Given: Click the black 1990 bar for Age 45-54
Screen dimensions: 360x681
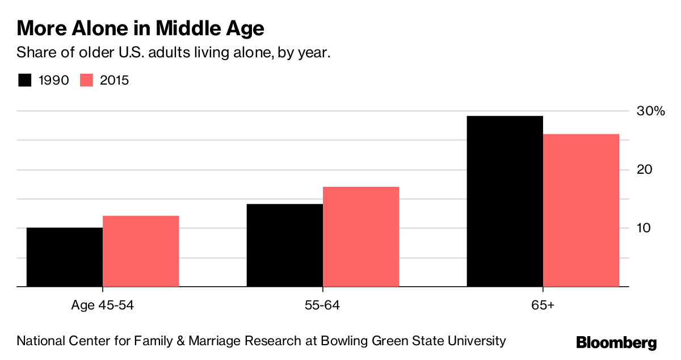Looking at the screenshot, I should [65, 257].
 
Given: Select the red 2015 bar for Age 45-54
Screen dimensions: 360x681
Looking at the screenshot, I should [141, 251].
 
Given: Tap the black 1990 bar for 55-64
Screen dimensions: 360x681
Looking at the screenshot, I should [285, 245].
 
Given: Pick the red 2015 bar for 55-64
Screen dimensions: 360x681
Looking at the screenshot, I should [361, 237].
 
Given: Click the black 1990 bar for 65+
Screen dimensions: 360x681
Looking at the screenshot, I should [505, 201].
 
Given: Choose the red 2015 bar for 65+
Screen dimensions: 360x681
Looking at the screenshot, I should [581, 210].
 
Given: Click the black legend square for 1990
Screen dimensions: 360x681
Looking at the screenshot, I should [25, 80].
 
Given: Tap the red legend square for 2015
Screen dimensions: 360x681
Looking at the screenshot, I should [86, 80].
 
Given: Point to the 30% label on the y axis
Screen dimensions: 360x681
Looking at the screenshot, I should [650, 111].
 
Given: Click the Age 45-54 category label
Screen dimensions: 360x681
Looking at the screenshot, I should [103, 305].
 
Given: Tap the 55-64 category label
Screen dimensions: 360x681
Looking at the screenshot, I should [322, 305].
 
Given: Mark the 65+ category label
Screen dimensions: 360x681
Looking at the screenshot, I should [543, 305].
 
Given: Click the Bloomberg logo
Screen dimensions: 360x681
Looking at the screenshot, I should [616, 342].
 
